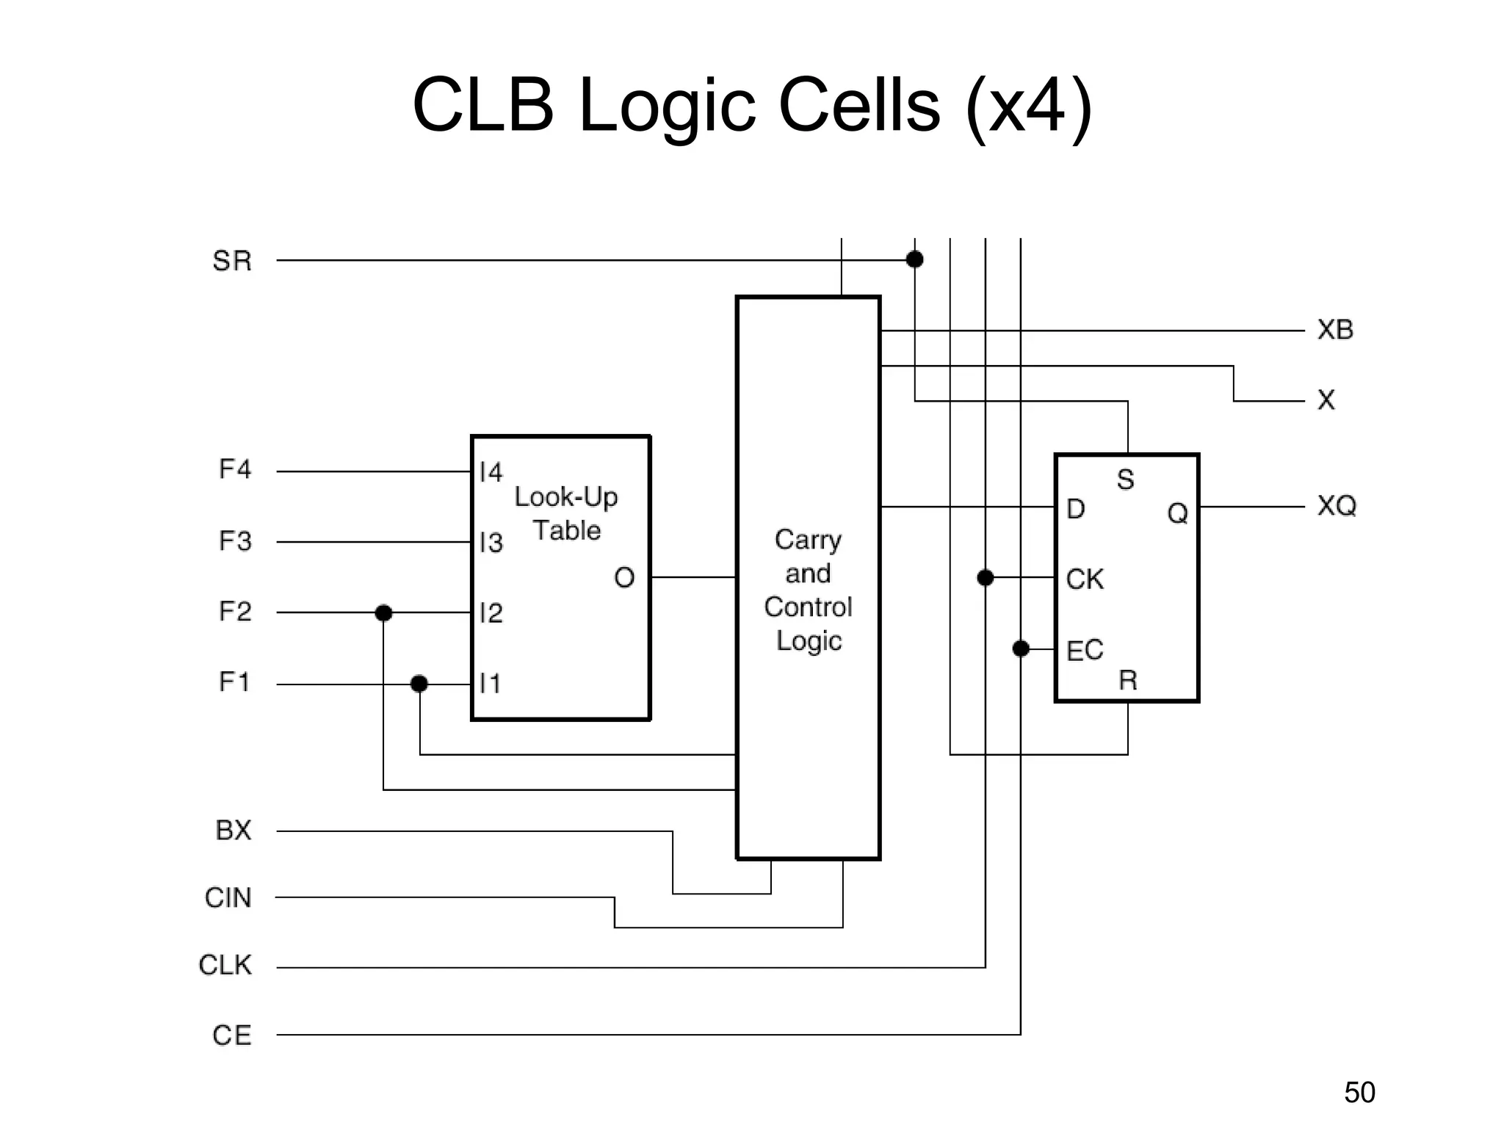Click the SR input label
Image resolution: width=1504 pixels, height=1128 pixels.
pos(232,261)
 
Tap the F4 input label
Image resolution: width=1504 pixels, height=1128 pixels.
pos(235,469)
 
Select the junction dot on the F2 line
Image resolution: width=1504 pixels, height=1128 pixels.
pos(383,612)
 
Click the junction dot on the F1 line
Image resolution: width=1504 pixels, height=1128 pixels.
pos(419,684)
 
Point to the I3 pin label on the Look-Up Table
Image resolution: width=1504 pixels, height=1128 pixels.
pos(491,543)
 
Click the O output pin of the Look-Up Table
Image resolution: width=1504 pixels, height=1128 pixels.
pos(624,578)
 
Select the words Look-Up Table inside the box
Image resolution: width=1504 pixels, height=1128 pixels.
pos(566,513)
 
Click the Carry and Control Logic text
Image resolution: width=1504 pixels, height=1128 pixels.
pos(808,590)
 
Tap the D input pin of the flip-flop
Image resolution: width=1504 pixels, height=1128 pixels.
pos(1075,509)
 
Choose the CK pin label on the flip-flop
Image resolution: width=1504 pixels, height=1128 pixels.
pos(1085,579)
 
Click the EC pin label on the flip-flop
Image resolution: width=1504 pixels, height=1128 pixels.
pos(1085,650)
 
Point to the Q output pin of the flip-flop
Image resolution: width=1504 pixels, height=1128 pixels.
pos(1177,513)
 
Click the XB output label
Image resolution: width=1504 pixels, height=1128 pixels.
pos(1335,330)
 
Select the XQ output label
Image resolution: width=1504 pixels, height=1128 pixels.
pos(1337,506)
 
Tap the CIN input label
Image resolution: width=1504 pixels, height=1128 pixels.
pos(228,897)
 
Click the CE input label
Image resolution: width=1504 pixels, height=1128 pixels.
pos(232,1035)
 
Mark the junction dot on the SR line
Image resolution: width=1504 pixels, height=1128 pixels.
pos(914,259)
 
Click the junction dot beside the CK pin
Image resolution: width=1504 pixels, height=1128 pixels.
pos(986,578)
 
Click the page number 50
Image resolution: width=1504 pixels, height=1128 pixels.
pos(1359,1093)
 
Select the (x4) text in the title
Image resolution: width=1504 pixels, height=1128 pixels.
pos(1029,105)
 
